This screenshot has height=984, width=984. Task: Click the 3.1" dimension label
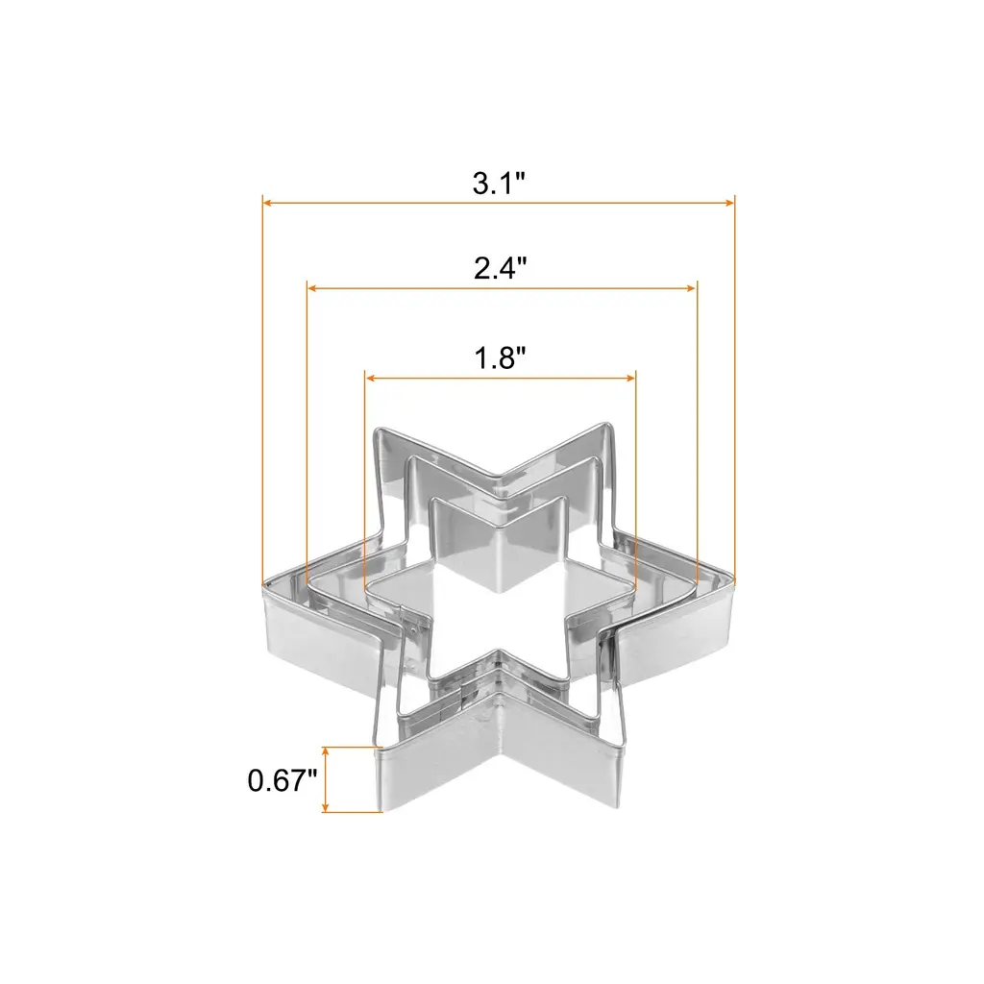click(499, 184)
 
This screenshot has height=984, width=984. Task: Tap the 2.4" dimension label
click(500, 268)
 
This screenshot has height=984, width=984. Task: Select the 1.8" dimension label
click(500, 358)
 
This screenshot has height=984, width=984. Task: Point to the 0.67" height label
click(283, 780)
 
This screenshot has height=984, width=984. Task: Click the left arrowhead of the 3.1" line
click(267, 203)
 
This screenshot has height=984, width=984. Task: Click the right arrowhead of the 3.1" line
click(729, 203)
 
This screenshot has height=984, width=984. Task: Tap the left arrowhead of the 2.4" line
click(312, 288)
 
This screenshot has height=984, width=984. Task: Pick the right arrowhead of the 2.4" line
click(692, 288)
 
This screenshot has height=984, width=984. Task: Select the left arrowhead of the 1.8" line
click(370, 378)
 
